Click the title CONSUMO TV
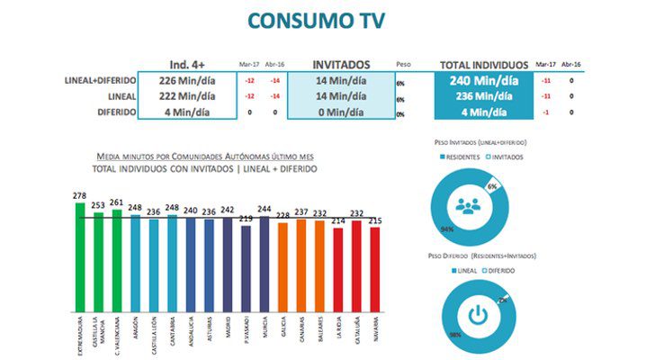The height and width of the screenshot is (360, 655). (x=327, y=20)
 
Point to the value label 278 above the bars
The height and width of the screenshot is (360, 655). (x=79, y=195)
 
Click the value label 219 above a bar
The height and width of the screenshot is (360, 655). (x=246, y=219)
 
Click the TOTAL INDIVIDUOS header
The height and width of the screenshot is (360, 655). (x=481, y=65)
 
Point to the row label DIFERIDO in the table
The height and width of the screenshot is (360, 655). (x=112, y=112)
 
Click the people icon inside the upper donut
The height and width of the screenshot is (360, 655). (x=467, y=204)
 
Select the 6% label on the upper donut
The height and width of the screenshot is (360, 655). (x=492, y=184)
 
